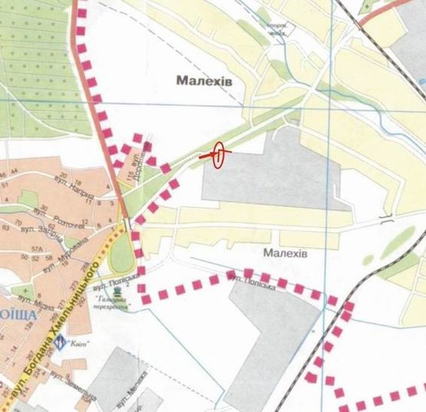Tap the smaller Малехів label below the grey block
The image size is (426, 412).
coord(284,252)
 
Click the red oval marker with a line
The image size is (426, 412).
coord(218,155)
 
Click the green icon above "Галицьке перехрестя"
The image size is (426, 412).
coord(117,289)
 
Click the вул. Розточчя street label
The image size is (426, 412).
coord(69,216)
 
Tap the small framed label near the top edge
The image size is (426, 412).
coord(279,29)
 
